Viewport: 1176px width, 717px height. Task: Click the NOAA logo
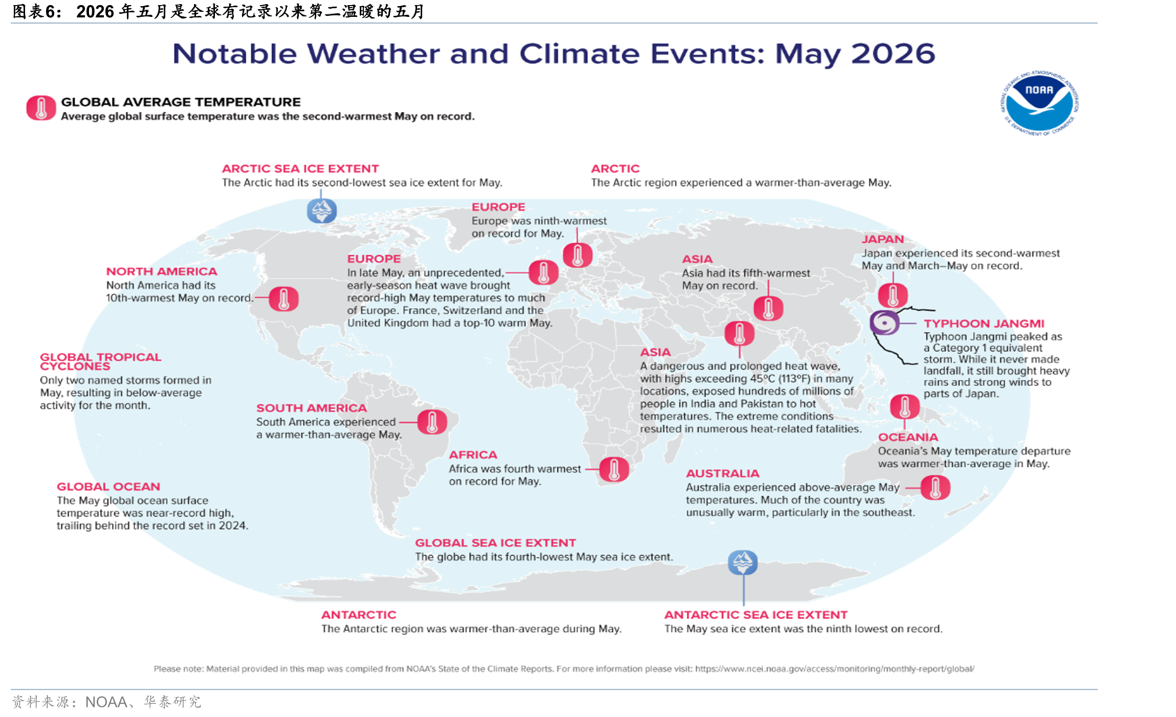point(1039,103)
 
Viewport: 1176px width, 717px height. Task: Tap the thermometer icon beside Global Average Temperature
point(41,108)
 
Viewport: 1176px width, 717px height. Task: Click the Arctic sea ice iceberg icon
point(321,210)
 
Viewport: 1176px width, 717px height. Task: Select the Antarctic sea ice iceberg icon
point(743,562)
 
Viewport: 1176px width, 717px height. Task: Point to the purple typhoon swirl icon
point(884,322)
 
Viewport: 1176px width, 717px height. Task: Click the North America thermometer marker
point(284,299)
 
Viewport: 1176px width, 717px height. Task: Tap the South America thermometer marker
point(432,422)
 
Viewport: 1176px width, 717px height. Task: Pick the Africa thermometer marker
point(614,469)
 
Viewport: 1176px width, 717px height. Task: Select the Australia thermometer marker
point(935,487)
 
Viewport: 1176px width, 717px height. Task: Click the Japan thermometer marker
point(893,295)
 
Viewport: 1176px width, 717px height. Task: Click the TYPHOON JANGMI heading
point(984,323)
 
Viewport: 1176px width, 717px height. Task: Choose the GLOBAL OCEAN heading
point(108,486)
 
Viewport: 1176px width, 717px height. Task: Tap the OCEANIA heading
point(908,437)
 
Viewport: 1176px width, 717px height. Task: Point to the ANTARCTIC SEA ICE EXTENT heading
point(756,615)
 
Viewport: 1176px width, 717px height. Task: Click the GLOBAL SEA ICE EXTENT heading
point(495,542)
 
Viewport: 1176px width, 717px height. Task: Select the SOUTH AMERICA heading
point(312,408)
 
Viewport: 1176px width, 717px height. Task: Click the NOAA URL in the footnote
point(835,668)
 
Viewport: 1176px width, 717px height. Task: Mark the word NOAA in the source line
point(106,702)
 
